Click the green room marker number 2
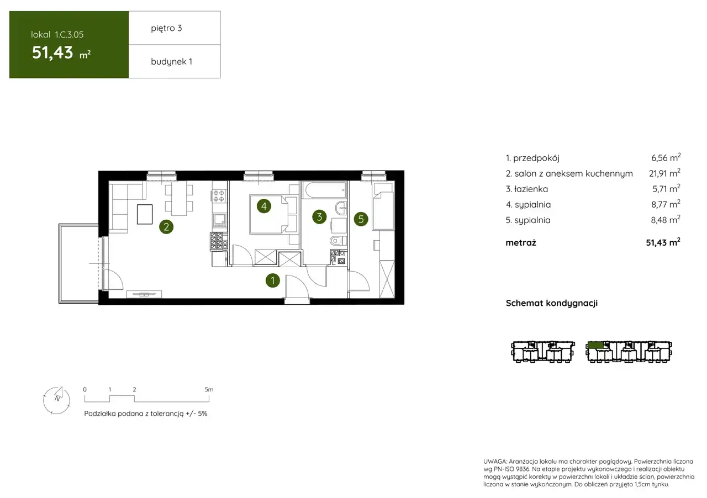click(166, 226)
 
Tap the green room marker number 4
click(264, 206)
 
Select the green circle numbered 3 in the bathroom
click(319, 217)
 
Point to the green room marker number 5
click(361, 219)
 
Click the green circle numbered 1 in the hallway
click(273, 280)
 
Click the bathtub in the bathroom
click(325, 190)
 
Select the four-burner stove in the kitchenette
click(219, 195)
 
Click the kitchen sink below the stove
click(219, 220)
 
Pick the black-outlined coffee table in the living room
click(145, 214)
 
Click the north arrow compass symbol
click(56, 400)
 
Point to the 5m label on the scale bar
click(209, 389)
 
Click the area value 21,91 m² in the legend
click(664, 173)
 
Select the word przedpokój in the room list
click(536, 158)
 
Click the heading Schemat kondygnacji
click(552, 303)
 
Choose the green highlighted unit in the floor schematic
click(595, 345)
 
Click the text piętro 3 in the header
click(166, 28)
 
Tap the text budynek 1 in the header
click(171, 61)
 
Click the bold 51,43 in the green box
click(52, 52)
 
